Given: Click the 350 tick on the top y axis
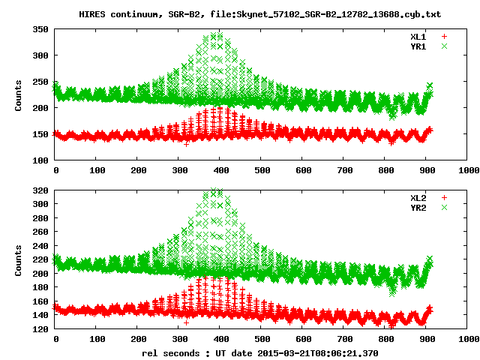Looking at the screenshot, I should coord(40,29).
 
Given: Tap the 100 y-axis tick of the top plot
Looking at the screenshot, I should coord(40,160).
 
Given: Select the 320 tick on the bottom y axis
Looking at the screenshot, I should coord(40,190).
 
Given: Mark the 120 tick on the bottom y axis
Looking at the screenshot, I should coord(40,329).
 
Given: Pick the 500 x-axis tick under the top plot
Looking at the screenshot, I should coord(259,171).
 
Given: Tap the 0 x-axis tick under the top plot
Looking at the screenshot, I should coord(55,171).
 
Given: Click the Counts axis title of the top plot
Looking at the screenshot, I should coord(19,95).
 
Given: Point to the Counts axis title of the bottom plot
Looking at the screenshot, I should coord(19,259).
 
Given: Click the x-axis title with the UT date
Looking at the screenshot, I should coord(260,352).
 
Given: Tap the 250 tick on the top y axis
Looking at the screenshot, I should coord(40,82).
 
